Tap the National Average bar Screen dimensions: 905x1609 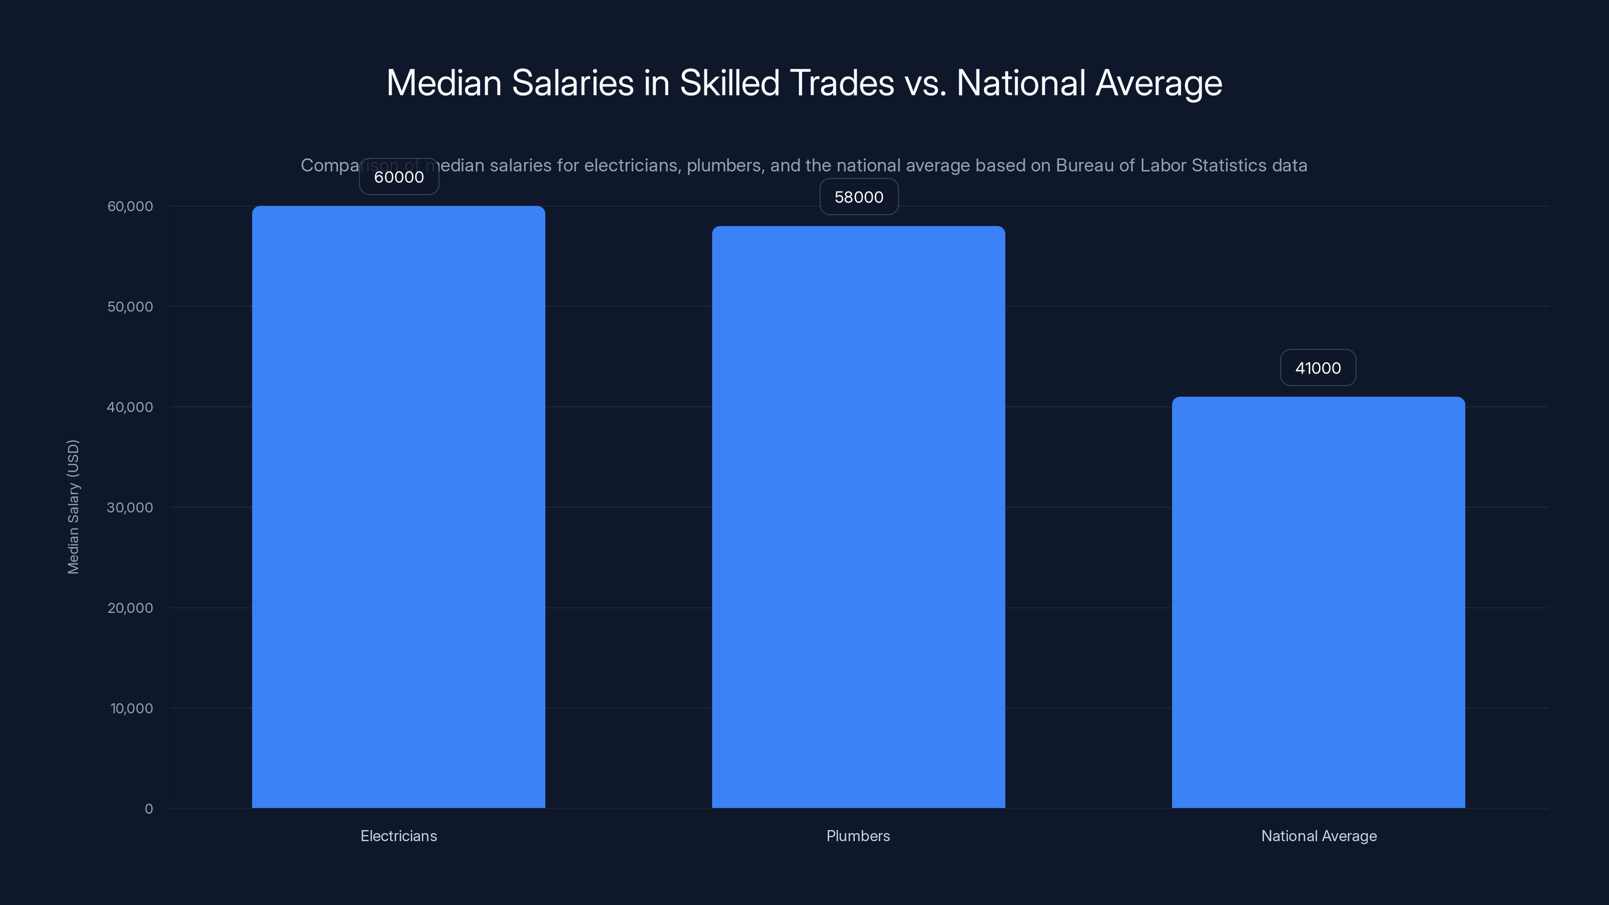point(1318,602)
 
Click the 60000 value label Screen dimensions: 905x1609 point(399,177)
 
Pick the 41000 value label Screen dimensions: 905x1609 point(1318,368)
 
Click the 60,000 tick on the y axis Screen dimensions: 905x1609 point(130,206)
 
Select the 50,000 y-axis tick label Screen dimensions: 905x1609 point(130,307)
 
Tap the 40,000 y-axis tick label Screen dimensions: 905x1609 point(130,407)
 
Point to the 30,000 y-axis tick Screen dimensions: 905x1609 point(130,507)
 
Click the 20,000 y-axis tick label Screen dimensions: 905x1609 point(130,608)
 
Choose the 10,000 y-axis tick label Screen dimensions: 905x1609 point(131,708)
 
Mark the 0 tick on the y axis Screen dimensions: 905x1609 point(149,809)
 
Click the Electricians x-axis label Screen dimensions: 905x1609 point(399,836)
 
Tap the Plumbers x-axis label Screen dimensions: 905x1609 point(858,836)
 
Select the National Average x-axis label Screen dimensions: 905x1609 point(1318,836)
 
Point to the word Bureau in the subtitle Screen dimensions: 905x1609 point(1085,165)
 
